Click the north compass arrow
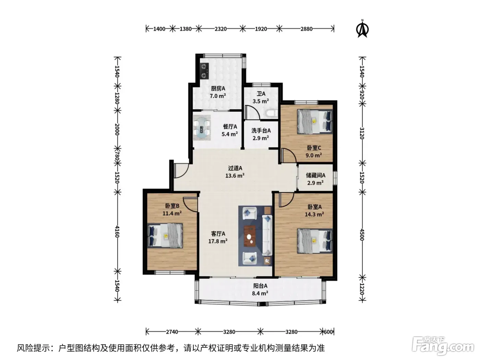pos(362,29)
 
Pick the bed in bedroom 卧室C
pos(315,121)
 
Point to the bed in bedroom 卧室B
pos(165,236)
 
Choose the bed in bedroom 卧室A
pos(315,241)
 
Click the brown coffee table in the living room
pos(250,236)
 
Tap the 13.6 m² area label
pos(235,176)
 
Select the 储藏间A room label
pos(315,175)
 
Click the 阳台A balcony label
pos(260,286)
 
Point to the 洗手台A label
pos(261,131)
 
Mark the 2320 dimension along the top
pos(220,29)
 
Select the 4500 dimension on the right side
pos(362,235)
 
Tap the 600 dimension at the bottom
pos(328,332)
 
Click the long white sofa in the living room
pos(267,235)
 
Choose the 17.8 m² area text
pos(218,241)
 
